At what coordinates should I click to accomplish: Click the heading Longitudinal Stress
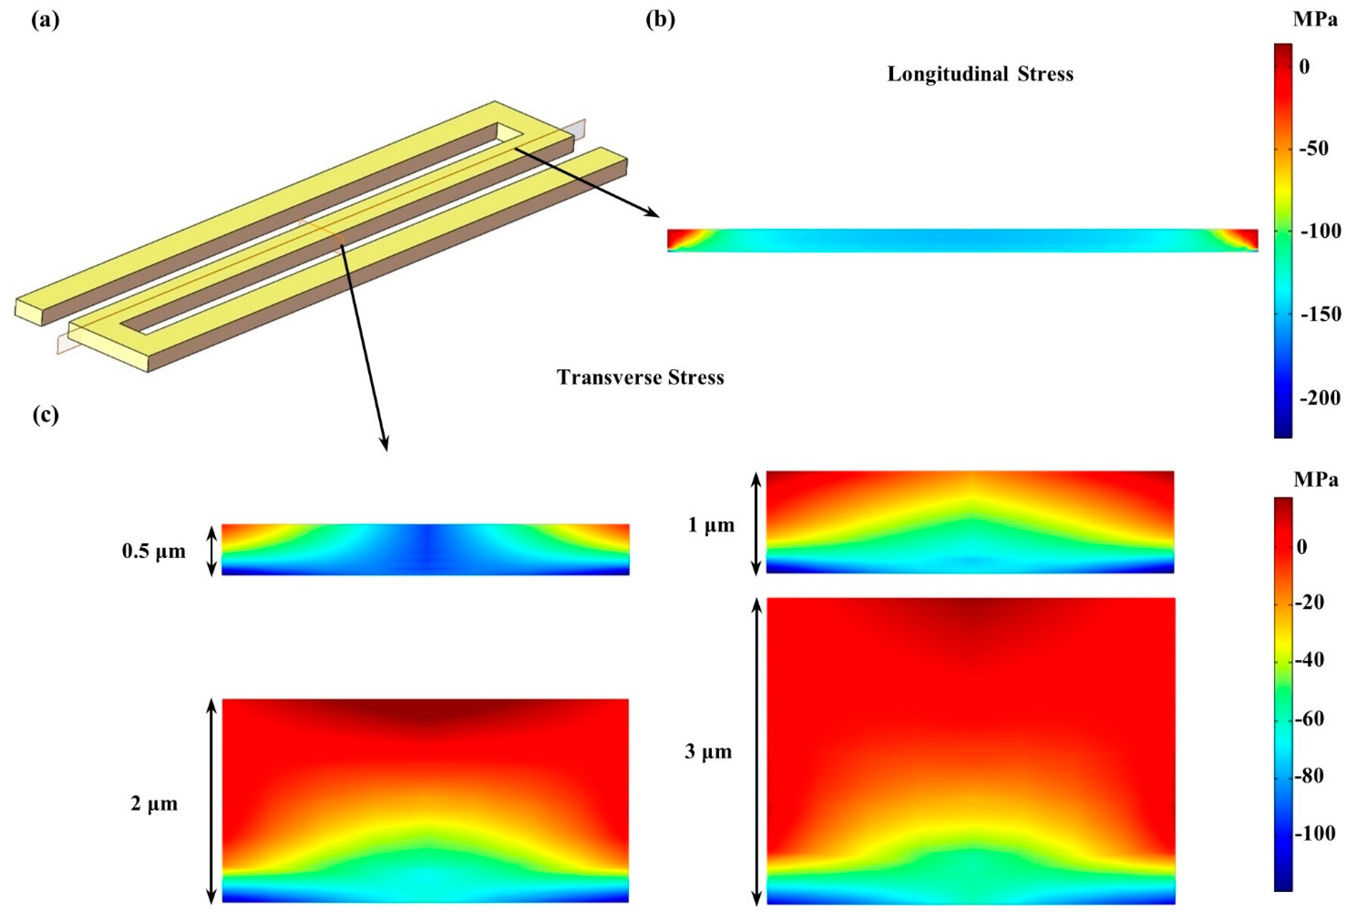[980, 74]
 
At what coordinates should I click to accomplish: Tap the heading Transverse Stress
[641, 378]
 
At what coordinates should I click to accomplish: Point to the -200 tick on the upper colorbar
[1318, 398]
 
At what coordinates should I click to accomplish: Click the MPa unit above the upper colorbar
[1314, 21]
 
